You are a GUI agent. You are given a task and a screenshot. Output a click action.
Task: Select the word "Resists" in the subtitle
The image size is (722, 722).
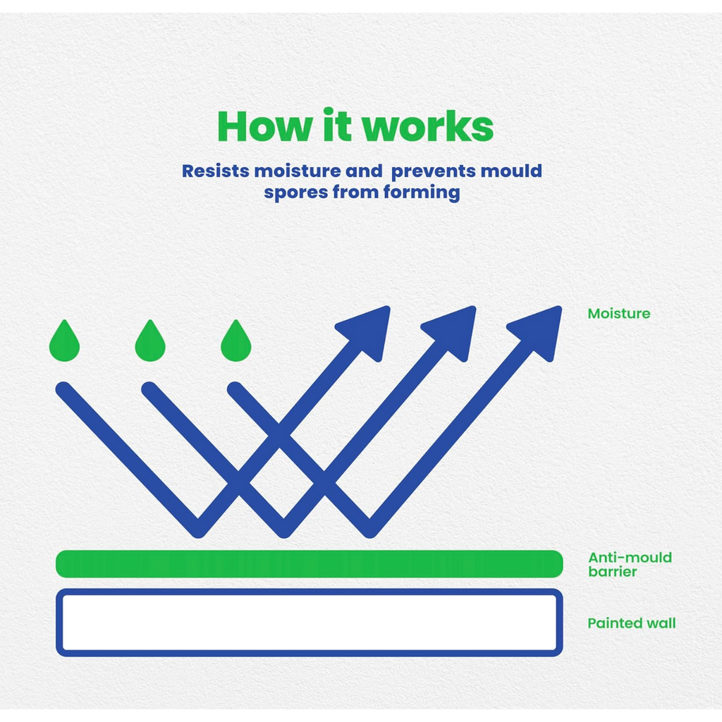[x=216, y=171]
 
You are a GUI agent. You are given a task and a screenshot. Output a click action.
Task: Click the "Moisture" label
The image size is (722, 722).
[x=619, y=314]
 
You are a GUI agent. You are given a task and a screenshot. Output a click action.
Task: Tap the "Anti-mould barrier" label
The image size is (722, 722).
[x=630, y=564]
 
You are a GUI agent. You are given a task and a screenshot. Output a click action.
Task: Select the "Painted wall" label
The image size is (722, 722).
[x=632, y=623]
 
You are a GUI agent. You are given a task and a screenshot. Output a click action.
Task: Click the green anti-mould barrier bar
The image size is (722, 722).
[x=310, y=563]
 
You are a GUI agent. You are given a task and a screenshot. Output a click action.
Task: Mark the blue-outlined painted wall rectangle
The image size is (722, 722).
[x=310, y=592]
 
